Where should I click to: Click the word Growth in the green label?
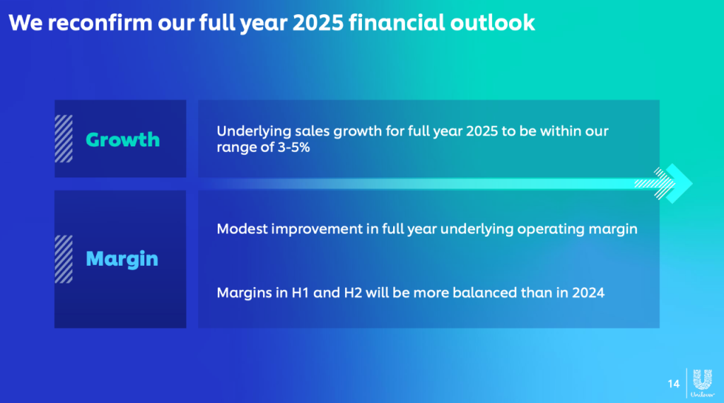pyautogui.click(x=123, y=139)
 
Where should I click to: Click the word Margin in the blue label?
pyautogui.click(x=122, y=259)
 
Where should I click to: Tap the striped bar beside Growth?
pyautogui.click(x=64, y=139)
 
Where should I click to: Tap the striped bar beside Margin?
pyautogui.click(x=64, y=259)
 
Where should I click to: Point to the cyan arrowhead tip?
pyautogui.click(x=692, y=183)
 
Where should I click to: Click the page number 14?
pyautogui.click(x=674, y=384)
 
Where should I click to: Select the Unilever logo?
pyautogui.click(x=702, y=382)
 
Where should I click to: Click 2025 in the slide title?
pyautogui.click(x=318, y=23)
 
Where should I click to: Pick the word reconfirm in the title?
pyautogui.click(x=100, y=23)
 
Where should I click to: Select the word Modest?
pyautogui.click(x=242, y=229)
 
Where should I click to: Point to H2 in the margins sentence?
pyautogui.click(x=354, y=293)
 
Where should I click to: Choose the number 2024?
pyautogui.click(x=588, y=293)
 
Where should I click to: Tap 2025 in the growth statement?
pyautogui.click(x=481, y=131)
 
